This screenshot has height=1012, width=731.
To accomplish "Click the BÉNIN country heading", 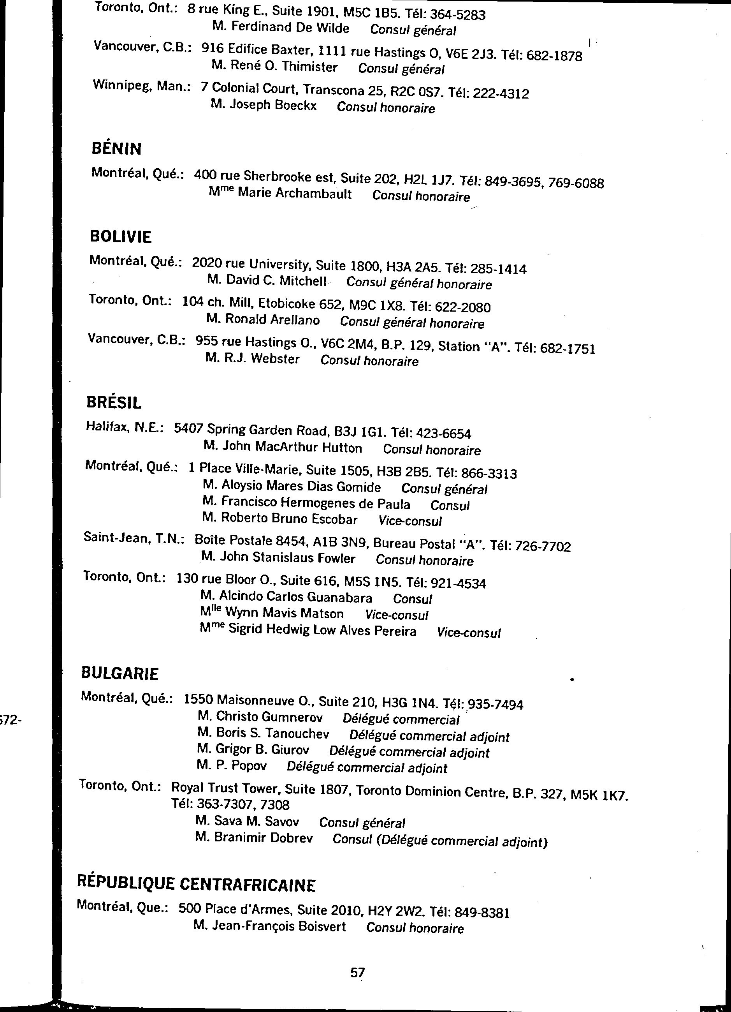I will [x=116, y=148].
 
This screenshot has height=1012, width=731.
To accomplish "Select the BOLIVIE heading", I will [x=120, y=236].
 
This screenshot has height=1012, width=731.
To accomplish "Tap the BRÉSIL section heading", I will [x=114, y=402].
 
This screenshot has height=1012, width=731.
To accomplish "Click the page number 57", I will [x=358, y=972].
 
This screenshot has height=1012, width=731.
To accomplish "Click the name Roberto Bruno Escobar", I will [x=288, y=519].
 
